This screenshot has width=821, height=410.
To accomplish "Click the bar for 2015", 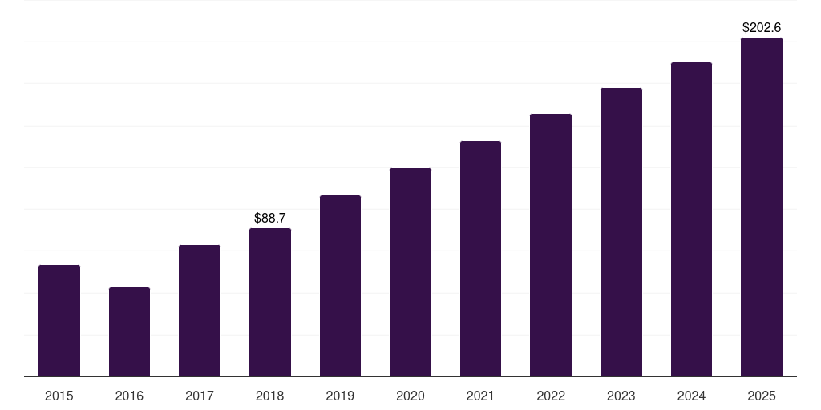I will coord(59,320).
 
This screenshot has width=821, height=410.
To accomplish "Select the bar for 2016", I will coord(129,332).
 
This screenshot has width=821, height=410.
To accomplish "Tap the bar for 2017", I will coord(200,311).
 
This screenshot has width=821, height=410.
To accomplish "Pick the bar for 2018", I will coord(270,302).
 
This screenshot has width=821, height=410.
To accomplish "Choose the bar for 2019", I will coord(340,286).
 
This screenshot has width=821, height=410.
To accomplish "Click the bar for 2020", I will coord(410,272).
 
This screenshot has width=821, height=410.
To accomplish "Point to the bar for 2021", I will coord(480,259).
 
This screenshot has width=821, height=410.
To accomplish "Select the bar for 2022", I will coord(551,245).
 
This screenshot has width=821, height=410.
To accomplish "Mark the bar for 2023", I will coord(621,232).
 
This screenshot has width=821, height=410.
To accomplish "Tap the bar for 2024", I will coord(691,219).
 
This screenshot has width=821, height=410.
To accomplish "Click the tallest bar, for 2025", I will coord(762,207).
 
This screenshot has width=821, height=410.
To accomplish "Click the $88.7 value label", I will coord(270,218).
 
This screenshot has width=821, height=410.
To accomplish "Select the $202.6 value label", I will coord(762,27).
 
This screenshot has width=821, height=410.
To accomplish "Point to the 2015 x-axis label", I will coord(59,396).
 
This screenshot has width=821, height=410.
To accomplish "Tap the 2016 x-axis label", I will coord(129,396).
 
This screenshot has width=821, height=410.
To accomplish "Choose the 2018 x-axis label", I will coord(270,396).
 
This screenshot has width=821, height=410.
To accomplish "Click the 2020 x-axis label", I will coord(410,396).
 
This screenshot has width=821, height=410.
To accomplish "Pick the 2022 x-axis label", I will coord(551,396).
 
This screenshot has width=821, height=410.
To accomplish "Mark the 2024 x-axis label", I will coord(691,396).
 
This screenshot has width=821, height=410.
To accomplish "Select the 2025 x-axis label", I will coord(762,396).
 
